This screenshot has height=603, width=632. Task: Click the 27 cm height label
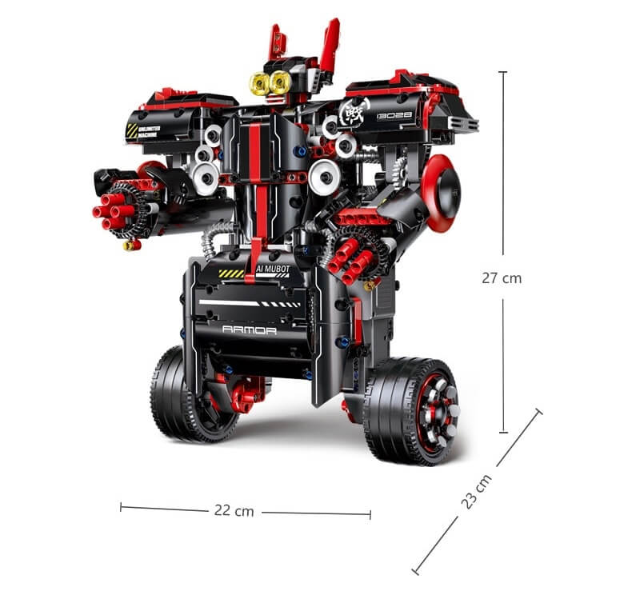click(x=502, y=278)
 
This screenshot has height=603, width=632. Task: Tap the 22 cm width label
click(x=234, y=510)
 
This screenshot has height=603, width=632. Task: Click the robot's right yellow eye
click(x=280, y=82)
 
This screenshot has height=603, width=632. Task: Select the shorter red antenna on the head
click(x=274, y=40)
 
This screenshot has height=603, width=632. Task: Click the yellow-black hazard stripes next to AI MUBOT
click(x=232, y=273)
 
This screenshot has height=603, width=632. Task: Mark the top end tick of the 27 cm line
click(x=502, y=72)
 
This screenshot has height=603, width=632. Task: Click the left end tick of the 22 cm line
click(x=121, y=506)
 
